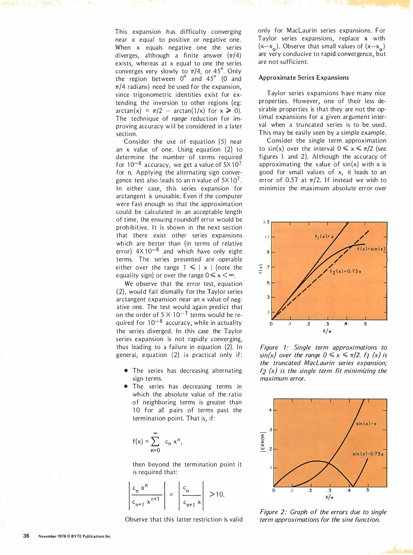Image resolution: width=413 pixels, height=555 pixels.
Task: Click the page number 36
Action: (x=26, y=536)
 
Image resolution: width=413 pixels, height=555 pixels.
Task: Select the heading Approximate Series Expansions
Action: (x=303, y=78)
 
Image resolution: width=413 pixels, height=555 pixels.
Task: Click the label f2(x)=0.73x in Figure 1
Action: (x=345, y=271)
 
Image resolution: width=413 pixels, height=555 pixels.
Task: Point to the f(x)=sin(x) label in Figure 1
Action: (x=371, y=249)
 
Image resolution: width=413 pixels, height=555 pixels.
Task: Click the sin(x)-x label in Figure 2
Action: (x=366, y=424)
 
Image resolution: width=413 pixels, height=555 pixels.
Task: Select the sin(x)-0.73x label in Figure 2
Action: (x=368, y=454)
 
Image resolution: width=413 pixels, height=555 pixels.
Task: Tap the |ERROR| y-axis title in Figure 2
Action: (x=262, y=442)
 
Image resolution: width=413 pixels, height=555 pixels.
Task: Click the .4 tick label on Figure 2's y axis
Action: (x=270, y=410)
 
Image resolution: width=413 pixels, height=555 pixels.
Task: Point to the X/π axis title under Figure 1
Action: (x=327, y=331)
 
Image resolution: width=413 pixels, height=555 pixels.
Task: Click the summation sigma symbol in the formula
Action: (x=155, y=442)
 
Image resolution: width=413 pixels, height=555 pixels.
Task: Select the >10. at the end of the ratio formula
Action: (x=217, y=494)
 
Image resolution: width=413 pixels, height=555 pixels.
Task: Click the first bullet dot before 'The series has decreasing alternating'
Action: (x=126, y=371)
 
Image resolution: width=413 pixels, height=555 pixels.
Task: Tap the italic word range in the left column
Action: (x=179, y=118)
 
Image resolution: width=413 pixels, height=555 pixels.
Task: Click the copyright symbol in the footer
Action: (x=68, y=536)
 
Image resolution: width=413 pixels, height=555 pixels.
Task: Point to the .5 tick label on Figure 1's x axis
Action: (x=365, y=324)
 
